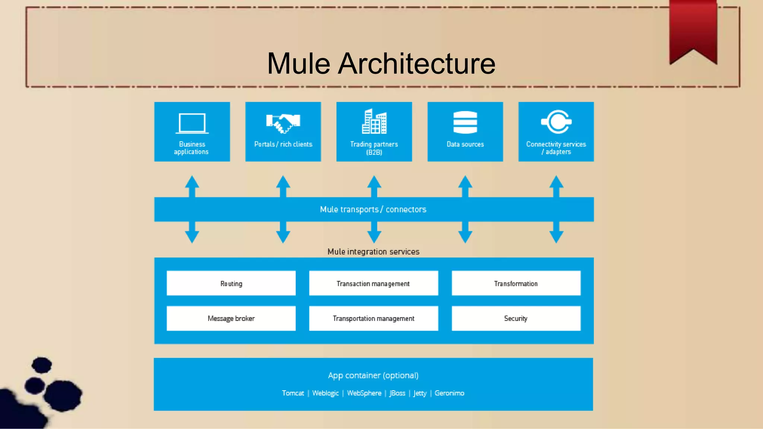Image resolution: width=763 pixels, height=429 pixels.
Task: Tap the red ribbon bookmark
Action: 693,30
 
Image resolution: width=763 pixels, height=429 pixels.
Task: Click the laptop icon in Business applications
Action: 192,123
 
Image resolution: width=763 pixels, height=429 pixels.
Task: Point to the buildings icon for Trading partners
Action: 374,121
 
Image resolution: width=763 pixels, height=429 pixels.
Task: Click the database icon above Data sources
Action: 465,122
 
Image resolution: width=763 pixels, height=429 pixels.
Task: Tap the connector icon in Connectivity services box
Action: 556,121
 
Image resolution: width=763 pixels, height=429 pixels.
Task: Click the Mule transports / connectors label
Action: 373,209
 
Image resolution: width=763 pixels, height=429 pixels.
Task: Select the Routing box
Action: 231,283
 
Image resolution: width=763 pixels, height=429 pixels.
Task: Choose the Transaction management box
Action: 373,283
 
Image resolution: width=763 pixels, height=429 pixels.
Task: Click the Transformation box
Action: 516,283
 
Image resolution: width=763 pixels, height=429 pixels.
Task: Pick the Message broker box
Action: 231,318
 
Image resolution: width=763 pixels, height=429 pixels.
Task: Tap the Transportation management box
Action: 373,318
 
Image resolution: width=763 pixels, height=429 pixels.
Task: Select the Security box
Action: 516,318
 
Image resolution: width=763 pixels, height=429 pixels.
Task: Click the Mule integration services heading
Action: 373,252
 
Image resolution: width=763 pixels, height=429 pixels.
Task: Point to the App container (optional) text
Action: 373,375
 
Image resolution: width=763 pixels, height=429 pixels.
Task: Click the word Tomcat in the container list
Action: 293,393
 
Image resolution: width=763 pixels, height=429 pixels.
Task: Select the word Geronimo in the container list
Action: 449,393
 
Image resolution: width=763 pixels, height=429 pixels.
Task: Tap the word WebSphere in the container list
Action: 364,393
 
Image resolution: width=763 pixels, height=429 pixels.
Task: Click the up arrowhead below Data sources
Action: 465,182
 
